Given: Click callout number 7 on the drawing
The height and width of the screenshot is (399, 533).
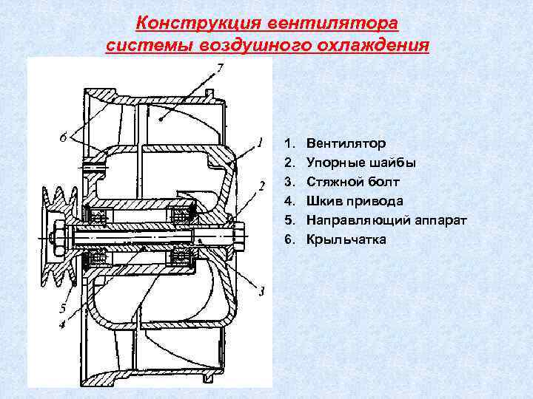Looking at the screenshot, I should click(219, 69).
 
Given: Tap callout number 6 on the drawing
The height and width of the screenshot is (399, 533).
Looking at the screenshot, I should click(65, 137).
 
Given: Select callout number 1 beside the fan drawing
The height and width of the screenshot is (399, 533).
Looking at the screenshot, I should click(260, 141).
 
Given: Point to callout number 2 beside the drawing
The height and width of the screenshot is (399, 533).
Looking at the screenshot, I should click(261, 185).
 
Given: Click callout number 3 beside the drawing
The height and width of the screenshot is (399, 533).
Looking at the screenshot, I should click(261, 291).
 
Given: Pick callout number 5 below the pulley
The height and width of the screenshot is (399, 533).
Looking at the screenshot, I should click(65, 308).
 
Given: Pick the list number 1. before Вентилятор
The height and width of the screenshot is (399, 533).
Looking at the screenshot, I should click(289, 143).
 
